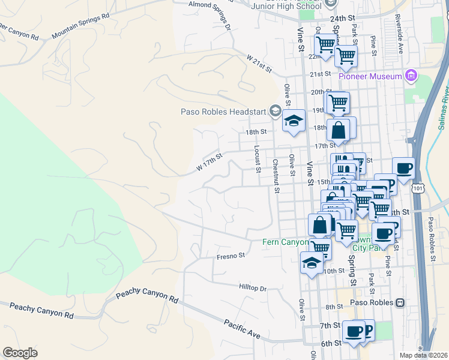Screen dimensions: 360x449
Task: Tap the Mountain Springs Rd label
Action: tap(80, 25)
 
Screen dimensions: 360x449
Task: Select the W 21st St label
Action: tap(259, 63)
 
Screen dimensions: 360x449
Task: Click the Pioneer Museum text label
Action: tap(370, 76)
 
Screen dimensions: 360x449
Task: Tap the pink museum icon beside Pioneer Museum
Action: tap(411, 76)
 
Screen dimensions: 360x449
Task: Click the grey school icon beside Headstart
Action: tap(276, 110)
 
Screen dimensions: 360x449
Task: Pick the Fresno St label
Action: tap(231, 256)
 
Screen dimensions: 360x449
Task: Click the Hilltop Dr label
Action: tap(252, 289)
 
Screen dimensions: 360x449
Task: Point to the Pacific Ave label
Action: tap(243, 329)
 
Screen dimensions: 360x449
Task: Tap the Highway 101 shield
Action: tap(418, 188)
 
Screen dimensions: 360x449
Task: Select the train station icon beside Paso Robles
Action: tap(399, 303)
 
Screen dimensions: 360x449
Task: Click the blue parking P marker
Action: tap(366, 329)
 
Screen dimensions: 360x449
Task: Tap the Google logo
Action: tap(20, 353)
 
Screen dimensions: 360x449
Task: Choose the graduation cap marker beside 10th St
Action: tap(311, 263)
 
